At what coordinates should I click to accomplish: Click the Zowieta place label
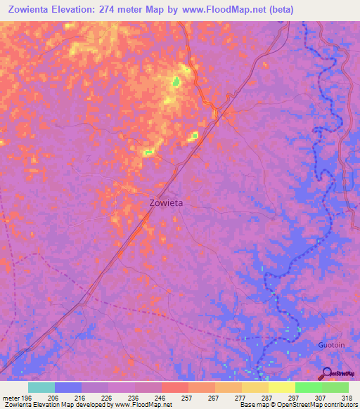pos(166,202)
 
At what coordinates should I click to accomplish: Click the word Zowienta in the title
pos(34,10)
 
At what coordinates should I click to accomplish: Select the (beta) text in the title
pos(277,10)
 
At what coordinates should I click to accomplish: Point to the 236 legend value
pos(122,397)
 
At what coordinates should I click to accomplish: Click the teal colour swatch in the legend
pos(41,387)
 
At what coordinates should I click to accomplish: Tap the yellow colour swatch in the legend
pos(281,387)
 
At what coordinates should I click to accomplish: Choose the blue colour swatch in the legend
pos(67,387)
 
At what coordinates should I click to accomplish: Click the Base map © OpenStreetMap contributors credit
pos(298,405)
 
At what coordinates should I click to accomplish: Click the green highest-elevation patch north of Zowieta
pos(176,82)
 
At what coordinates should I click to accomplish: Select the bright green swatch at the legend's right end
pos(335,387)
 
